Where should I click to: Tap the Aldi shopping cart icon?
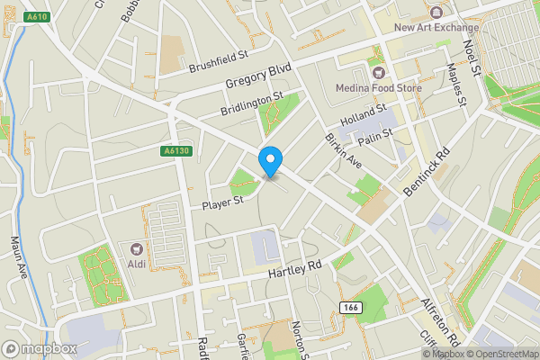137,247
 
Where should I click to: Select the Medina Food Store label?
378,87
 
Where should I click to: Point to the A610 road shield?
37,16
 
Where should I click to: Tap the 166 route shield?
350,307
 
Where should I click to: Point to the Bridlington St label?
252,104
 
